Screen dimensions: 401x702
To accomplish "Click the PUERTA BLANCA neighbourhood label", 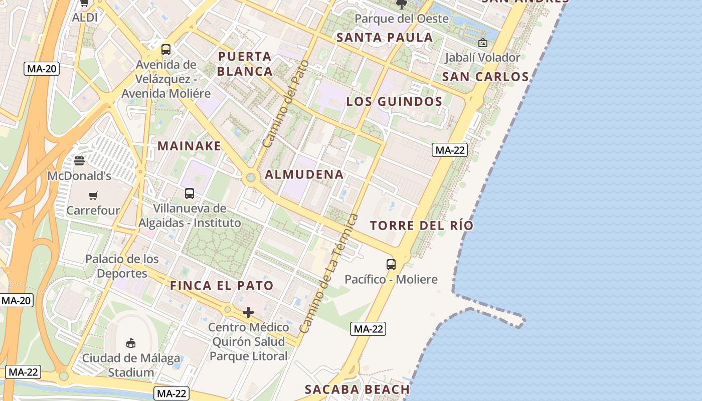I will pyautogui.click(x=245, y=64).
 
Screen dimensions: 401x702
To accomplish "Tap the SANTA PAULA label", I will pyautogui.click(x=385, y=38).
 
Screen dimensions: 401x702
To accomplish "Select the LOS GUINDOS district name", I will pyautogui.click(x=394, y=102).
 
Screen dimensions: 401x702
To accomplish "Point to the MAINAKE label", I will pyautogui.click(x=189, y=146).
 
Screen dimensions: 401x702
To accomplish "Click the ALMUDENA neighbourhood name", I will pyautogui.click(x=304, y=174).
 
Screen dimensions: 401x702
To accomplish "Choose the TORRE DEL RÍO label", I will pyautogui.click(x=421, y=226).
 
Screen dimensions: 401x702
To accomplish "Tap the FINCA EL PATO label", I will pyautogui.click(x=222, y=286).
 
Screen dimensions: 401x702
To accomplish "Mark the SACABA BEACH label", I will pyautogui.click(x=357, y=389).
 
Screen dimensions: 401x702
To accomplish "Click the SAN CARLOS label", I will pyautogui.click(x=485, y=77).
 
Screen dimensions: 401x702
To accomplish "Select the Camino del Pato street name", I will pyautogui.click(x=279, y=104).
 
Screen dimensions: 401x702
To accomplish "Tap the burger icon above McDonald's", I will pyautogui.click(x=79, y=161).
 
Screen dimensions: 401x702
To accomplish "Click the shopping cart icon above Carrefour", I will pyautogui.click(x=93, y=195).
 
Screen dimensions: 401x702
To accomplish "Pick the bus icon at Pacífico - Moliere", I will pyautogui.click(x=391, y=264).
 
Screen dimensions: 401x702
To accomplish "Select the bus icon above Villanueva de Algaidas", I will pyautogui.click(x=189, y=193).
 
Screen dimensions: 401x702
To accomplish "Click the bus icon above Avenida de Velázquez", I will pyautogui.click(x=165, y=50).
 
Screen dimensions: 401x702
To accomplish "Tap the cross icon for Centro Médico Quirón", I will pyautogui.click(x=248, y=313).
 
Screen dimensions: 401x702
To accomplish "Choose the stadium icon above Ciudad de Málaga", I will pyautogui.click(x=131, y=343).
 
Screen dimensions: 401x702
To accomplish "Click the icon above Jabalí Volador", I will pyautogui.click(x=482, y=43).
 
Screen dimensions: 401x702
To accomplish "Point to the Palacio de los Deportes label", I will pyautogui.click(x=122, y=266).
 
